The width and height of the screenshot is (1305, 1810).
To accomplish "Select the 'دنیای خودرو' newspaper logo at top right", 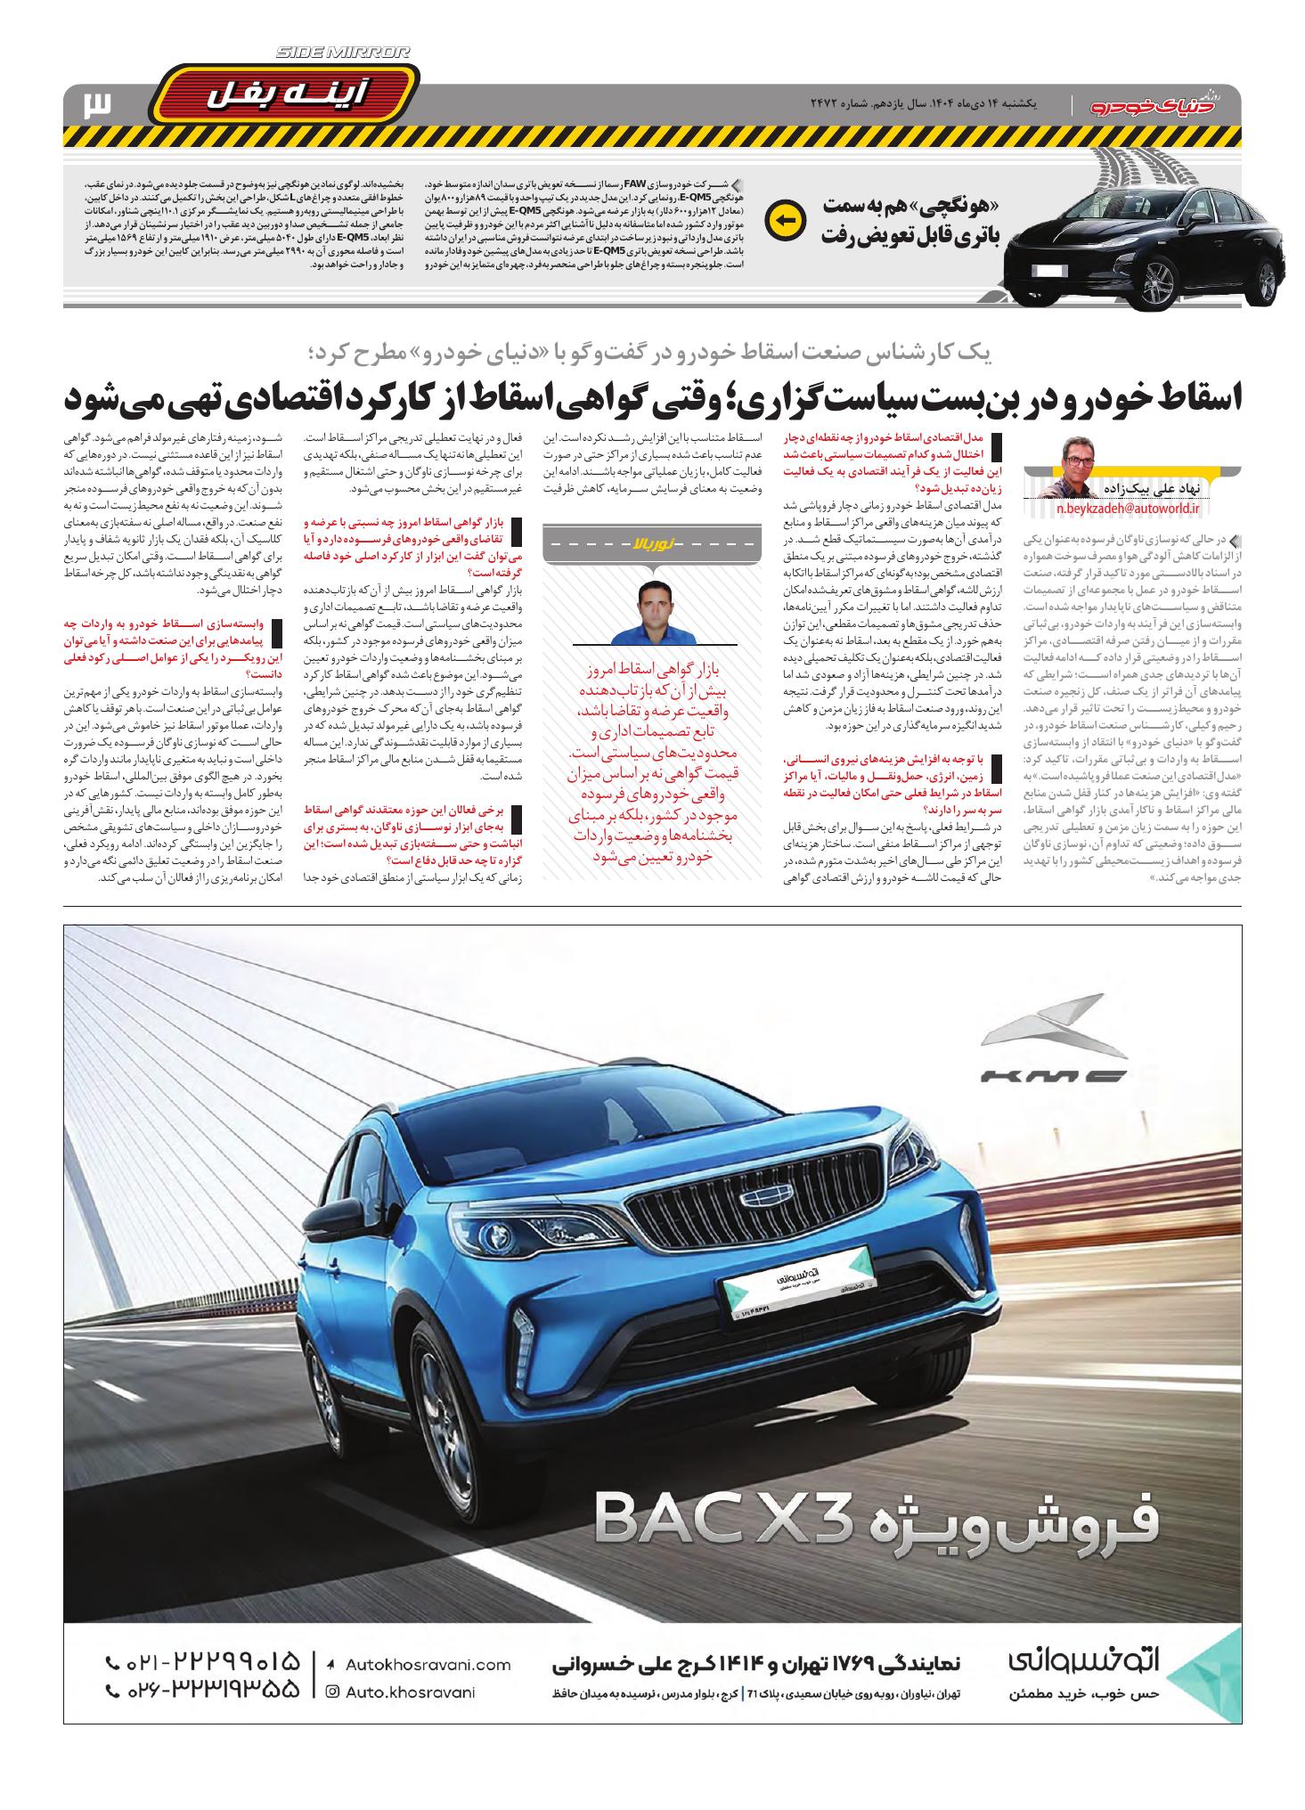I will tap(1165, 105).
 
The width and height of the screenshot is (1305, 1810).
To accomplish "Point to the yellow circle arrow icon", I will tap(784, 220).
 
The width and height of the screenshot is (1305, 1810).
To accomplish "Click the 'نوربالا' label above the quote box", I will tap(654, 541).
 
